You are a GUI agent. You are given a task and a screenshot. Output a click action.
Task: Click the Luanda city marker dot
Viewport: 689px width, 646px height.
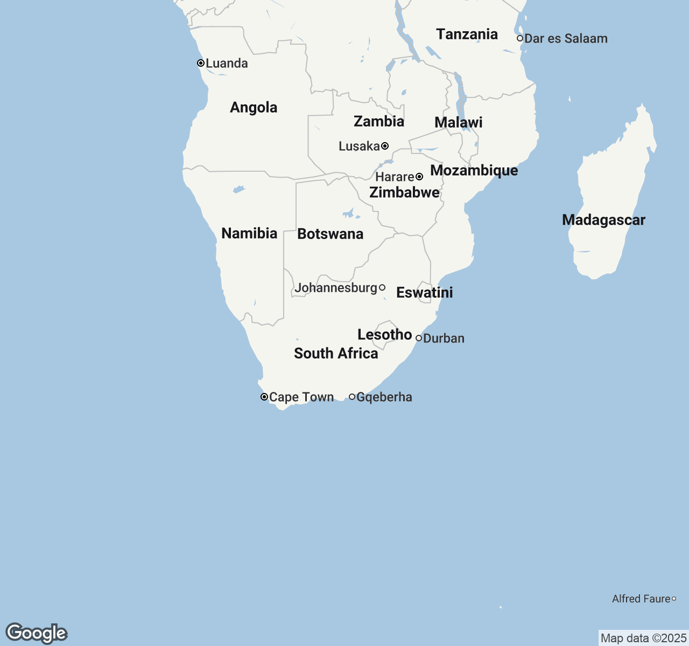201,63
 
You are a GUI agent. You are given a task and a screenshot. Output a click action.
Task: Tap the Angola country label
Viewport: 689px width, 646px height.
254,107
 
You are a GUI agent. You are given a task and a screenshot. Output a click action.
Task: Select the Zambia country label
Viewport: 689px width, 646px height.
379,121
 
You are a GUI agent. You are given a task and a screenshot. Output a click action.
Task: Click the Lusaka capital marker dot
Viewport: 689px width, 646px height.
385,146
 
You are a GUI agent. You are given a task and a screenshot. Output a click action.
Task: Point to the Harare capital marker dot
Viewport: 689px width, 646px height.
419,177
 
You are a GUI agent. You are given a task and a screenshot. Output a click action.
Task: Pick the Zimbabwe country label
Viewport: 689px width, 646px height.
404,192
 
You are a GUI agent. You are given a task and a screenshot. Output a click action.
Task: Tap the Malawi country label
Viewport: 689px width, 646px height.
459,122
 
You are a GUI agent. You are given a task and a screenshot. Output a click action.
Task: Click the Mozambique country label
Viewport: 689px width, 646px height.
474,170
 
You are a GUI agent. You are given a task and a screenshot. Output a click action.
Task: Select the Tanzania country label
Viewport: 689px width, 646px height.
467,34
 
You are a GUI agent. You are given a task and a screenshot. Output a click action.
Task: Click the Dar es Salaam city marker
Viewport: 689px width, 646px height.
520,38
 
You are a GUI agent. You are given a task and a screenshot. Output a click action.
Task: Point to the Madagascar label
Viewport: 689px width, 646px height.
603,220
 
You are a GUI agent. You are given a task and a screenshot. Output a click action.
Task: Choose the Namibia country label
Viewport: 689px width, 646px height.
249,233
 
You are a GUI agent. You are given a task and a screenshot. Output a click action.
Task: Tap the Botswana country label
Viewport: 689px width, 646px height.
330,234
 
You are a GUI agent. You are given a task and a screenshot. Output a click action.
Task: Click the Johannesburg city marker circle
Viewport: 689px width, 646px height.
382,287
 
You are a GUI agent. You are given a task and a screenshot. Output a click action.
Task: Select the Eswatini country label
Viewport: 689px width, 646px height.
424,292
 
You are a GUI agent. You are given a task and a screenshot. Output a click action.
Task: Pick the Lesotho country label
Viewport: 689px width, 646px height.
384,334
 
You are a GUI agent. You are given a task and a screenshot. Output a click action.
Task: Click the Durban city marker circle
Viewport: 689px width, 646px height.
419,338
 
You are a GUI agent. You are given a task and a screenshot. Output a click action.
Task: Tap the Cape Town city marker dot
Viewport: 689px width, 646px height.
264,397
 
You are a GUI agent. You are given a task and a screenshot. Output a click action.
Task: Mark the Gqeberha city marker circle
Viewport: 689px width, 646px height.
352,397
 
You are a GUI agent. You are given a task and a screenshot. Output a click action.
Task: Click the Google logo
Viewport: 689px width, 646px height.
36,633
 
